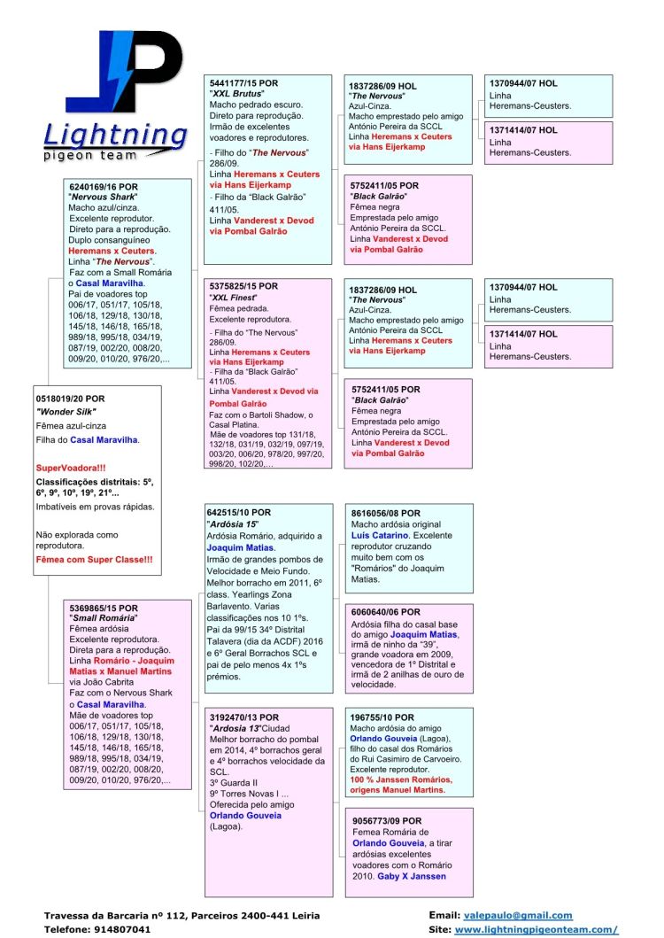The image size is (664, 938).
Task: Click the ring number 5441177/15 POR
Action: (x=243, y=82)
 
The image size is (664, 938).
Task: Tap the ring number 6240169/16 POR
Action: (x=104, y=188)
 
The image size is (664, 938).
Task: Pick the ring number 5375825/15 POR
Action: (x=243, y=287)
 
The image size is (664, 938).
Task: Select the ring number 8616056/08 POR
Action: (x=385, y=513)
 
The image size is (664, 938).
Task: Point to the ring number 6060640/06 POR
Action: (x=385, y=611)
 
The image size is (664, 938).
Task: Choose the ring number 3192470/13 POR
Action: (x=244, y=717)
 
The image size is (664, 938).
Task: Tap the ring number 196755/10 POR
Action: (x=382, y=717)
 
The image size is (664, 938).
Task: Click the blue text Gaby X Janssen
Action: (x=412, y=876)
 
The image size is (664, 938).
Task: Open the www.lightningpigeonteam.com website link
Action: (x=535, y=930)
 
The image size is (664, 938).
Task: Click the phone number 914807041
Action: (x=123, y=930)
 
